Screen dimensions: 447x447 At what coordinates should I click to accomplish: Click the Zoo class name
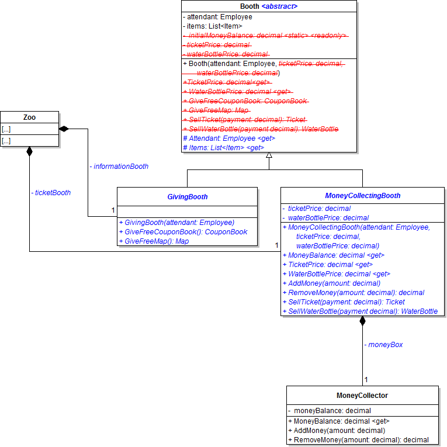(29, 117)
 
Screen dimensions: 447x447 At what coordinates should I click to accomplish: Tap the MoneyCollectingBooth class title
(362, 196)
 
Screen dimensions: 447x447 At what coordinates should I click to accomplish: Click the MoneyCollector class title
(362, 396)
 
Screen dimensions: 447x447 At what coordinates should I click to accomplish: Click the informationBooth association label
(119, 167)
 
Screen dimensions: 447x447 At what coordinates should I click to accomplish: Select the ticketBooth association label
(51, 192)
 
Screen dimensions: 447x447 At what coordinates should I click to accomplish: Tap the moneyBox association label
(383, 345)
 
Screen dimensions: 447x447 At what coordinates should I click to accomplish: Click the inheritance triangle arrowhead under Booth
(269, 155)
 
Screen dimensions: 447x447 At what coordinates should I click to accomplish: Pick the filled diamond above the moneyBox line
(362, 321)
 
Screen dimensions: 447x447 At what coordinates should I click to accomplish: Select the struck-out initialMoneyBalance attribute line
(266, 36)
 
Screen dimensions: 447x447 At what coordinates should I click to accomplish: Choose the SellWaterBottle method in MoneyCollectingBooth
(360, 311)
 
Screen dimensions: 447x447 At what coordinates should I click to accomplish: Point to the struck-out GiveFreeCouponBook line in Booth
(245, 101)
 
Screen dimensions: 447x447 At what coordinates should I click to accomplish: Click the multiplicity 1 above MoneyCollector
(366, 380)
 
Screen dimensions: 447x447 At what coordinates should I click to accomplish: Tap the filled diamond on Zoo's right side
(64, 129)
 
